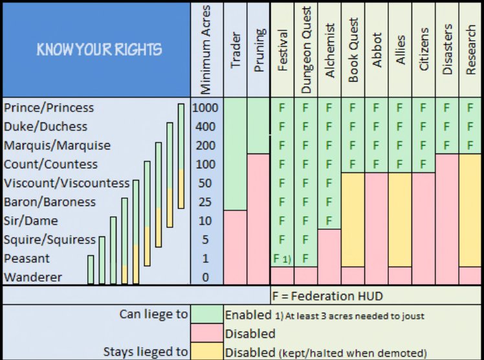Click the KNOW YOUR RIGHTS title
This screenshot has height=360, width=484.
pyautogui.click(x=100, y=49)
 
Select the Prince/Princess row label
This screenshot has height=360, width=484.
pyautogui.click(x=49, y=107)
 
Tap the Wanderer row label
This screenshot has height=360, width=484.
pyautogui.click(x=33, y=277)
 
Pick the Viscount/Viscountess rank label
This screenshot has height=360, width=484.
pyautogui.click(x=67, y=183)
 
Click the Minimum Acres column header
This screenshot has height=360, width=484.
pyautogui.click(x=207, y=50)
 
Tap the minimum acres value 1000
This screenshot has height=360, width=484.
pyautogui.click(x=206, y=107)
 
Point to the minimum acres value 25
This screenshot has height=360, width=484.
pyautogui.click(x=205, y=202)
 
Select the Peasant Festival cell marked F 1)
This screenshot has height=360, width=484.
pyautogui.click(x=282, y=258)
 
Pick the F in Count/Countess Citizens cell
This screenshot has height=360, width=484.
pyautogui.click(x=424, y=164)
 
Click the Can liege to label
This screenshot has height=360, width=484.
pyautogui.click(x=153, y=315)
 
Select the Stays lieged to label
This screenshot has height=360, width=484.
pyautogui.click(x=146, y=352)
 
